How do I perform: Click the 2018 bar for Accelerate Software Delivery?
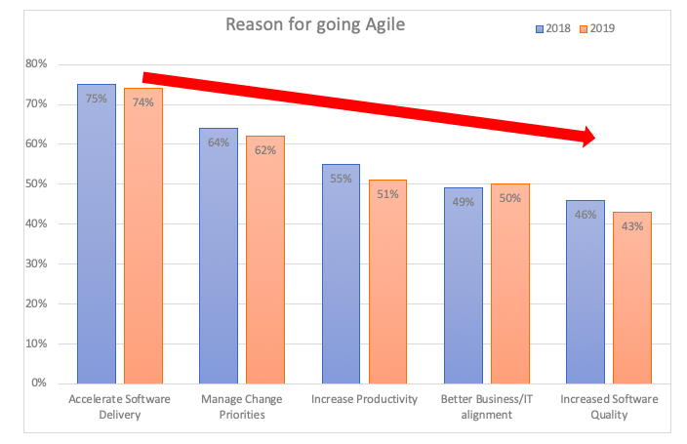click(x=97, y=234)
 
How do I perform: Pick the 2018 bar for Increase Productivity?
click(x=341, y=273)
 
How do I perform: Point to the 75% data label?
click(x=97, y=99)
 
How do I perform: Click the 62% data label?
click(x=265, y=150)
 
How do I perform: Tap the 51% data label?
click(x=387, y=194)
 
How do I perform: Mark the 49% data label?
click(x=464, y=202)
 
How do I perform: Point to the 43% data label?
click(x=632, y=226)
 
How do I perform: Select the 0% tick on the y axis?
click(x=38, y=383)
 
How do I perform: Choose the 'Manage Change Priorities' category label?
click(x=242, y=407)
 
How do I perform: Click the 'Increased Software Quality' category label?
click(x=610, y=407)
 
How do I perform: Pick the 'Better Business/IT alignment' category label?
click(x=488, y=407)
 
